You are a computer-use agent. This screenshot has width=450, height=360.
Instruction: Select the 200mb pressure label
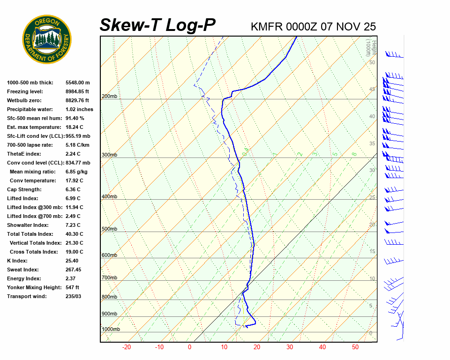click(109, 97)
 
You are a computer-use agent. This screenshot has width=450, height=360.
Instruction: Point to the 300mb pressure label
click(109, 155)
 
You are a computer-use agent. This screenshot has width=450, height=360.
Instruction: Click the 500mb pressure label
click(109, 229)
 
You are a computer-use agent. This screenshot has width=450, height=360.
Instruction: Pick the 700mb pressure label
click(109, 278)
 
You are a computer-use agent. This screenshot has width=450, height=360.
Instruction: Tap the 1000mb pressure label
click(111, 329)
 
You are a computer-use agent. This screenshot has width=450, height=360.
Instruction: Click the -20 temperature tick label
click(126, 347)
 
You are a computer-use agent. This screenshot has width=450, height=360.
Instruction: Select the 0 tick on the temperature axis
click(189, 347)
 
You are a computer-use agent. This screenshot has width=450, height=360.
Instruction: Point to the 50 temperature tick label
click(355, 347)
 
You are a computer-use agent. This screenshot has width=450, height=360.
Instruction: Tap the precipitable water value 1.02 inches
click(79, 109)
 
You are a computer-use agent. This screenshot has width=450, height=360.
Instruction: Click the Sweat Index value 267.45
click(74, 270)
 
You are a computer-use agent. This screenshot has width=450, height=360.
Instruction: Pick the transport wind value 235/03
click(74, 296)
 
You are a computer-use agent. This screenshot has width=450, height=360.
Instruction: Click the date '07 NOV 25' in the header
click(348, 26)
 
